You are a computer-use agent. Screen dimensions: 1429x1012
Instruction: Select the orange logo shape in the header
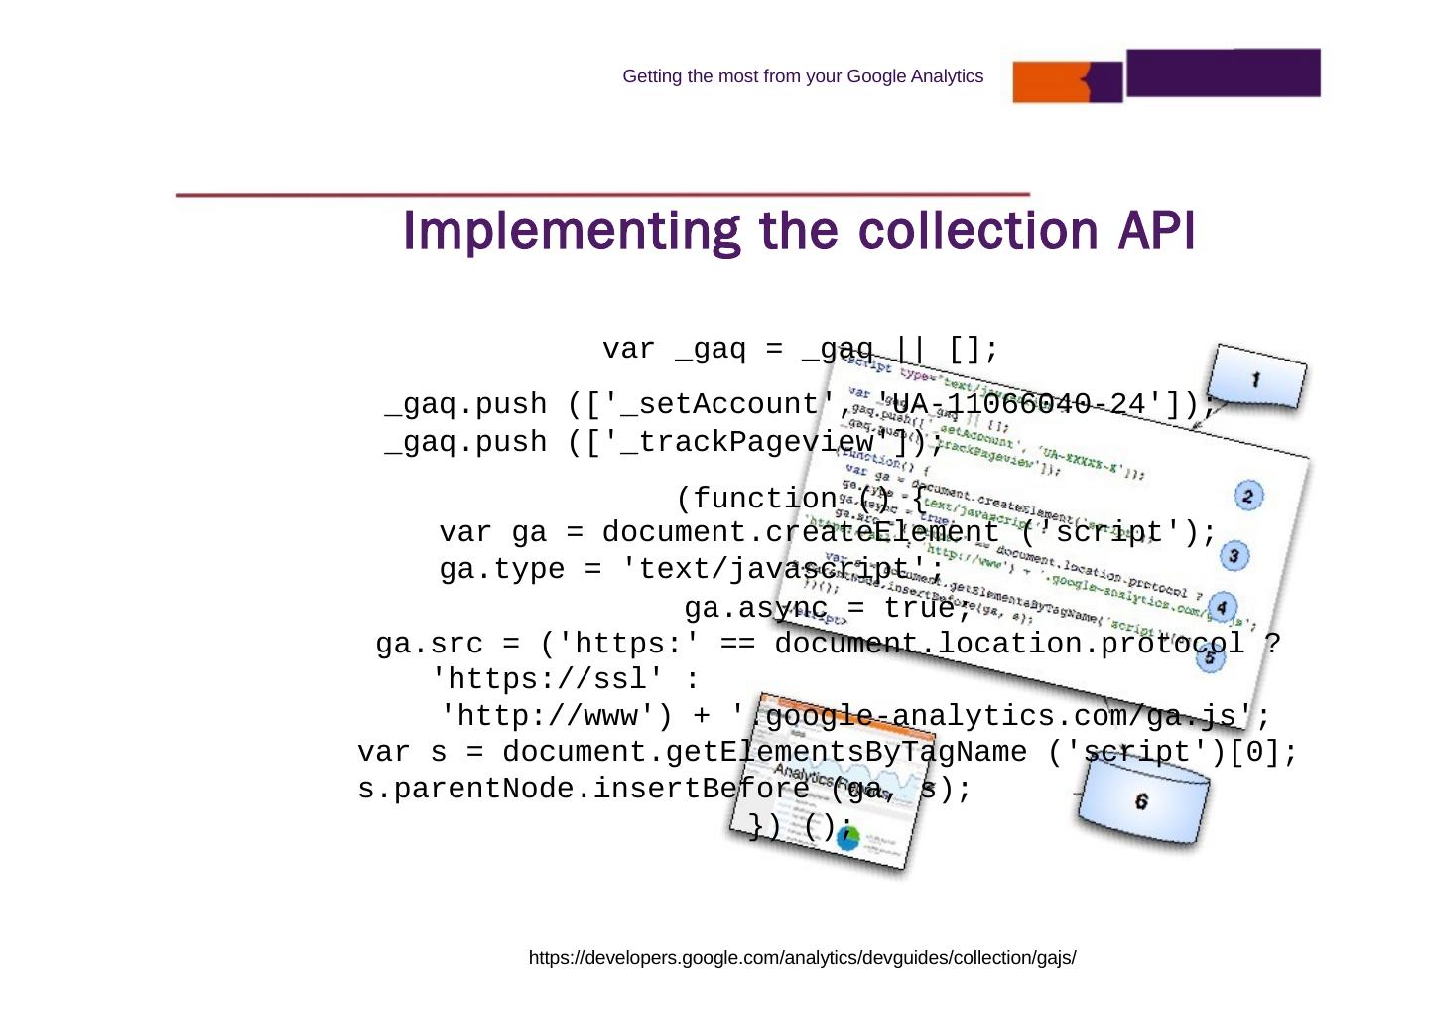(1066, 82)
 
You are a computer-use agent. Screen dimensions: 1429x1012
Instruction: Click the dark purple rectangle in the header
(1223, 72)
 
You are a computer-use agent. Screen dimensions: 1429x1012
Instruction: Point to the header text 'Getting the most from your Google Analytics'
(803, 76)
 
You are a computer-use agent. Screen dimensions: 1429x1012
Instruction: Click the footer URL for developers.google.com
(802, 958)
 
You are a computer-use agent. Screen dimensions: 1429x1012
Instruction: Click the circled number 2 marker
(1247, 496)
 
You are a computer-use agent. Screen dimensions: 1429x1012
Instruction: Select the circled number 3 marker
(1234, 556)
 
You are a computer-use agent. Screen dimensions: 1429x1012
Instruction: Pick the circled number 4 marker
(1222, 607)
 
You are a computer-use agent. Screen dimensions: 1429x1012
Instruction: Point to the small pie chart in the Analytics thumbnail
(847, 838)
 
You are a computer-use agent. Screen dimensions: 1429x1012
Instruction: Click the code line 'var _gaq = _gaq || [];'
(800, 350)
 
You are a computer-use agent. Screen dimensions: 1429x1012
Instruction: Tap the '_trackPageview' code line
(663, 442)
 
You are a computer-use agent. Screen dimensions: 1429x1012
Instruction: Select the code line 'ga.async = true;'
(827, 607)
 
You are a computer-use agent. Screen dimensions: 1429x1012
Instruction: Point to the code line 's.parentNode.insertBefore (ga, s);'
(664, 790)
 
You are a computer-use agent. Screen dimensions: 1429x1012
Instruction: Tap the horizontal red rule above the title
(602, 195)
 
